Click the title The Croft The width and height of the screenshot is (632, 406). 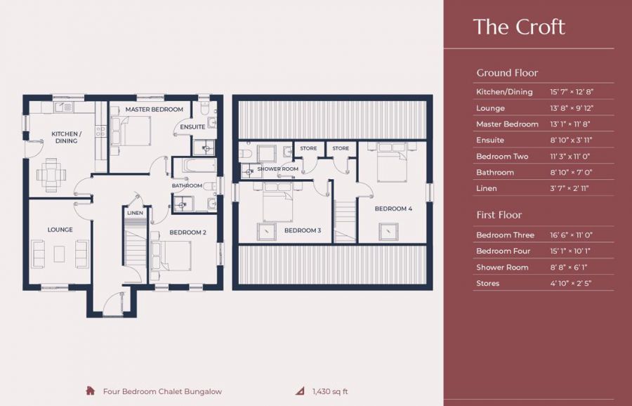(x=518, y=27)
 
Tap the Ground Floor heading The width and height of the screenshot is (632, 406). (x=507, y=72)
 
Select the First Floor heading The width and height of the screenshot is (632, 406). (x=499, y=214)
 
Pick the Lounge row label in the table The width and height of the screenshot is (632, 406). (x=490, y=108)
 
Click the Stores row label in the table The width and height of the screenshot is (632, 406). (x=487, y=283)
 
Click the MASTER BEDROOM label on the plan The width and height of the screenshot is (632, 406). (x=154, y=110)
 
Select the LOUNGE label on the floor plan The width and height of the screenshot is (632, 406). (x=60, y=230)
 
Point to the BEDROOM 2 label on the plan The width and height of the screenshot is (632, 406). (x=187, y=233)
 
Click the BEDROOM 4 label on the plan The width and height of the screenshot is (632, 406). (x=393, y=209)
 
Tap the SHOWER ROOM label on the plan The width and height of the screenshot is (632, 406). (x=278, y=169)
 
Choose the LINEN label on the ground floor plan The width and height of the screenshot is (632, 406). (x=135, y=212)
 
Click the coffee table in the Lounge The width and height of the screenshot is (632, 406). (x=60, y=254)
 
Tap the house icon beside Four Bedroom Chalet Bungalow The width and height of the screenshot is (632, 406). (x=90, y=391)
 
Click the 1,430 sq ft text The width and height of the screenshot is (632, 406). (x=329, y=391)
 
